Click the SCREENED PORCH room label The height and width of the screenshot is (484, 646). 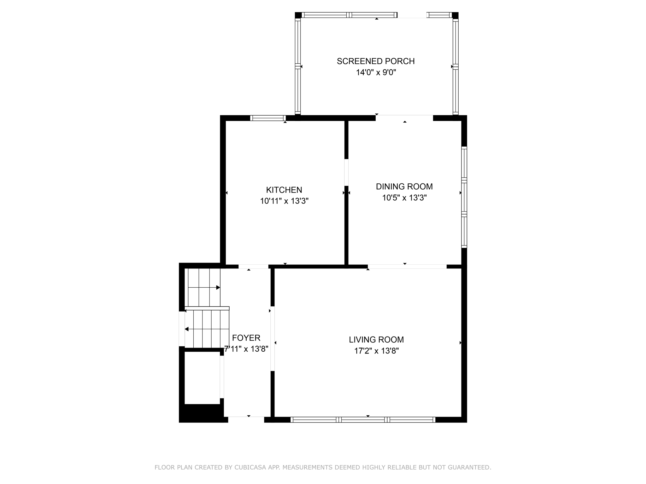(x=375, y=61)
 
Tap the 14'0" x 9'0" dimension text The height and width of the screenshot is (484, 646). (x=376, y=72)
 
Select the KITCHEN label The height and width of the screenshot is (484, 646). (x=284, y=190)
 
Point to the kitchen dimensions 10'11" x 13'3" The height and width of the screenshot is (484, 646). (x=284, y=201)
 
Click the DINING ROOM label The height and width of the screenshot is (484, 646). (x=404, y=186)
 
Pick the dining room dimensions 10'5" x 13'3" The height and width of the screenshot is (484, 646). (x=404, y=198)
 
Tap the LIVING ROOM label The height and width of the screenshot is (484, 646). (x=376, y=339)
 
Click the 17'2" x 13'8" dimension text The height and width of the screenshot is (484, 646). (x=376, y=351)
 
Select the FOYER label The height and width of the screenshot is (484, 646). (x=246, y=338)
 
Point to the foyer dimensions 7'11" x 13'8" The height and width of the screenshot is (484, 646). (x=246, y=349)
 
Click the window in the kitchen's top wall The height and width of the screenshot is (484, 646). (x=268, y=118)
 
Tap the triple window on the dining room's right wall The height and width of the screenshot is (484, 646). (x=464, y=197)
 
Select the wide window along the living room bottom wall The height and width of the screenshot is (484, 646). (x=363, y=419)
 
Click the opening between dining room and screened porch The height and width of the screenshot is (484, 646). (x=404, y=118)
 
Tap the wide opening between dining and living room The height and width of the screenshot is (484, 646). (x=407, y=266)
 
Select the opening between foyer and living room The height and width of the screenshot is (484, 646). (x=273, y=338)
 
